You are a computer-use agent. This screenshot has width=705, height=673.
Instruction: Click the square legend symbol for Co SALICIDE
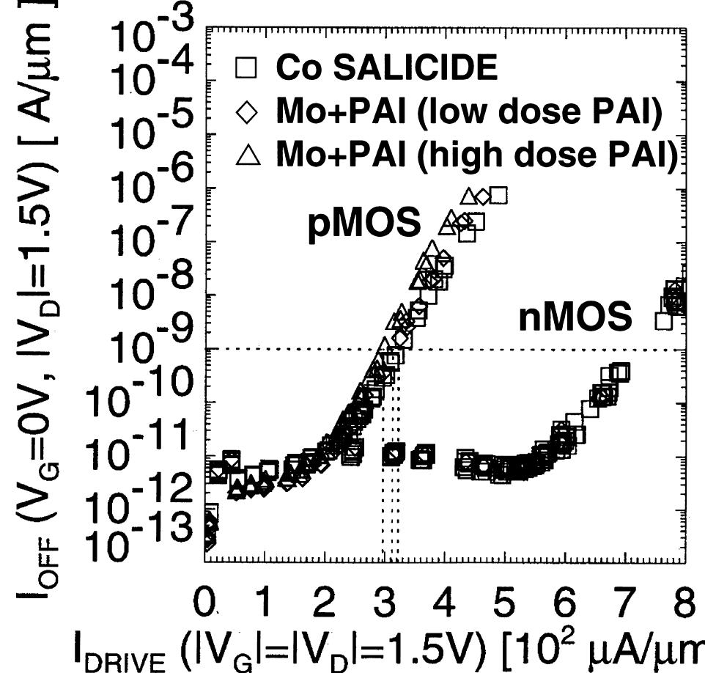249,68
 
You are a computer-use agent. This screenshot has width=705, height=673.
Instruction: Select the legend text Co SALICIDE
386,68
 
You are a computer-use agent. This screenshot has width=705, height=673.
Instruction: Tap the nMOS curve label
575,317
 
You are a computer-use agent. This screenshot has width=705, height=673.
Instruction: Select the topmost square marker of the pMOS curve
499,195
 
